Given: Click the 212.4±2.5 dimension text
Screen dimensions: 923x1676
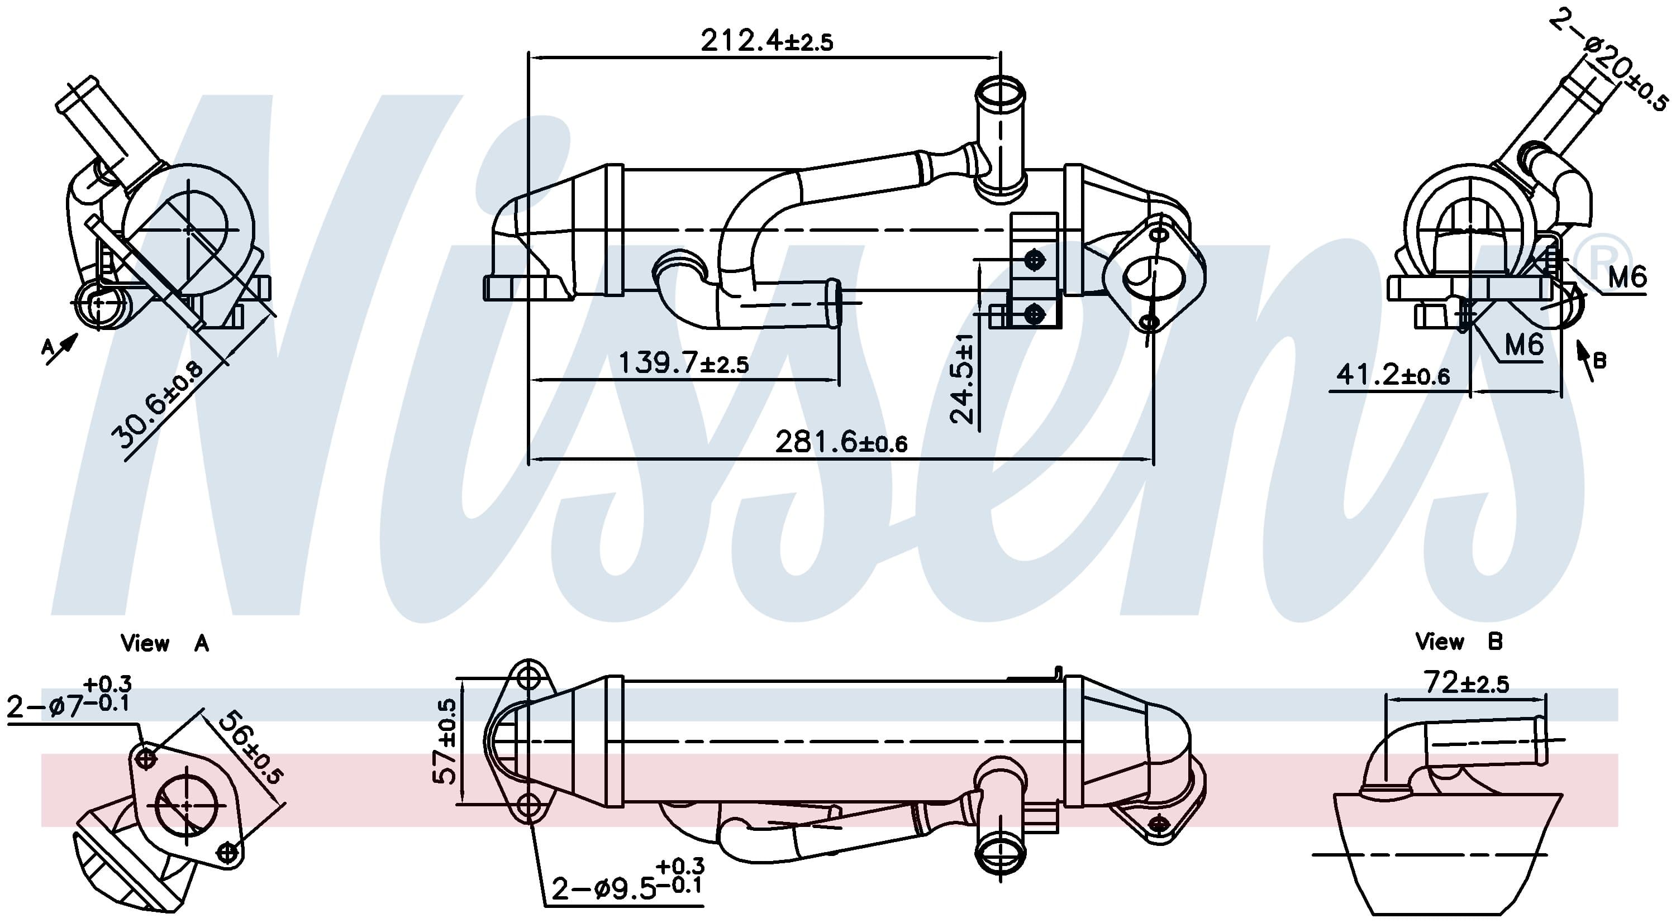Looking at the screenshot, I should coord(766,40).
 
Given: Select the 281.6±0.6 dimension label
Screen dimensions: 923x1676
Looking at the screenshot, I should coord(841,442).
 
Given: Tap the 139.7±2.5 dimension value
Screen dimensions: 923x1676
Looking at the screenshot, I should coord(683,362).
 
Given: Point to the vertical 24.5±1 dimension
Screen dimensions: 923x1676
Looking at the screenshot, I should coord(962,379).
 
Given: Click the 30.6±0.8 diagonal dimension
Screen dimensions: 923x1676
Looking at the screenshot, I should coord(158,405).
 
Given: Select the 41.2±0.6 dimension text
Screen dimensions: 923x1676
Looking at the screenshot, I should coord(1392,375).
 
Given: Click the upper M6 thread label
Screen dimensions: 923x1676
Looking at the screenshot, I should coord(1626,277).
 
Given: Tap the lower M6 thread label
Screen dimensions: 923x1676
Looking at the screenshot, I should coord(1523,343).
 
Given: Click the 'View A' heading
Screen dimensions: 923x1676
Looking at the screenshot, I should coord(165,643).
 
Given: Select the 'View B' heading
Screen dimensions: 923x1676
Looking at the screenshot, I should coord(1459,642).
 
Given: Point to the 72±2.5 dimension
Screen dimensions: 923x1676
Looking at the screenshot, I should coord(1465,682).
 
